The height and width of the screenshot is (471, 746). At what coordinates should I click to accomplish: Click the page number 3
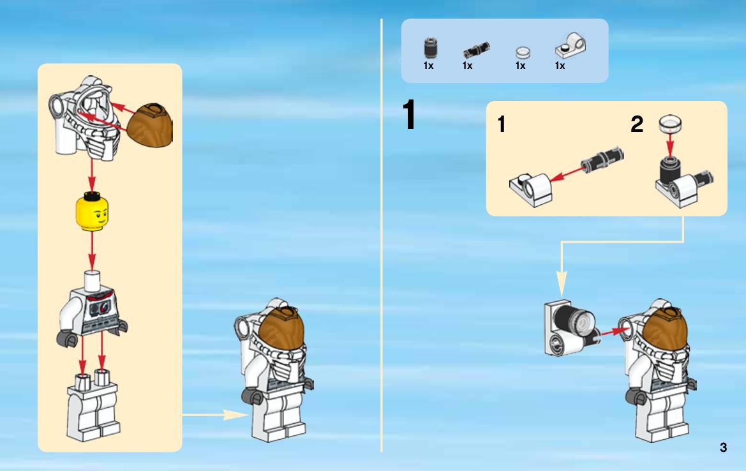click(x=723, y=447)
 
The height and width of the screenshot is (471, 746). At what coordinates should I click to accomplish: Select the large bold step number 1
click(x=408, y=114)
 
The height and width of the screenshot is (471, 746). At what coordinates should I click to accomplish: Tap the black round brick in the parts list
click(x=431, y=48)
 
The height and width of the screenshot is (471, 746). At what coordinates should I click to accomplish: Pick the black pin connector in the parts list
click(x=476, y=50)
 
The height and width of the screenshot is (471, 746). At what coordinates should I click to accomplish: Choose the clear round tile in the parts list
click(x=523, y=52)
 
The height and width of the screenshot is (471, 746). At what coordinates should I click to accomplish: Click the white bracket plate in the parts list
click(x=571, y=46)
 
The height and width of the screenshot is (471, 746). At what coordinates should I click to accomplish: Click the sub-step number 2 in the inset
click(x=637, y=124)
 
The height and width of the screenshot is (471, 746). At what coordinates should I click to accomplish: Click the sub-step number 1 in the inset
click(x=501, y=124)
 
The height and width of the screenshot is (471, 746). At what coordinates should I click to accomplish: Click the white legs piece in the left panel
click(x=94, y=407)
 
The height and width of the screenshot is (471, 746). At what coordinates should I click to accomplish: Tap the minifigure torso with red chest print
click(x=93, y=310)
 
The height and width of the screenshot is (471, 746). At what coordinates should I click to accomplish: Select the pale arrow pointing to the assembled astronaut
click(x=215, y=415)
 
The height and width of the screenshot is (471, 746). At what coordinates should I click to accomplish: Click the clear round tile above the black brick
click(x=670, y=124)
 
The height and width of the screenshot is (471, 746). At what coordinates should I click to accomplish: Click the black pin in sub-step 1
click(x=602, y=160)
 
